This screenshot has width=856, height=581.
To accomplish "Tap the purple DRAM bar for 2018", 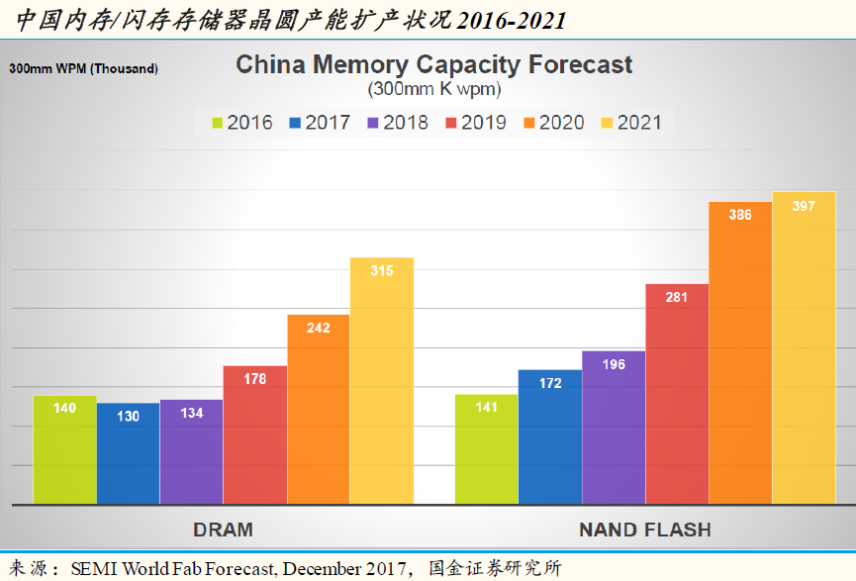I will pos(191,455).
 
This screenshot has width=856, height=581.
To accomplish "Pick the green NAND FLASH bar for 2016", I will pos(487,450).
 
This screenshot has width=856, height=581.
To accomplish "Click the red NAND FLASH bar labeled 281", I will pos(677,396).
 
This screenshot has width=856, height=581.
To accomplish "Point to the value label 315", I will pos(382,270).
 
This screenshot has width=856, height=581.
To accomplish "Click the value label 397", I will pos(804,205).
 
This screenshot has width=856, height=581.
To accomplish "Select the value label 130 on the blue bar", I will pos(128,417).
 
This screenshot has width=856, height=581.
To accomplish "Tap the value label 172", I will pos(550,382).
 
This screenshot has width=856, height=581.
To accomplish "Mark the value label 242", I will pos(319,328).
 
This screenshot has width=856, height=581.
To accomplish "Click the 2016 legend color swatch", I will pos(218,124).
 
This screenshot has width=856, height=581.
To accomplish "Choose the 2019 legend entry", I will pos(476,123).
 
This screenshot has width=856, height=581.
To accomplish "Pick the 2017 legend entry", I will pos(320,123).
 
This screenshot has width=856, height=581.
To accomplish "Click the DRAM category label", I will pos(223,529).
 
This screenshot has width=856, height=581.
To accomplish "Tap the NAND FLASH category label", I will pos(644,529).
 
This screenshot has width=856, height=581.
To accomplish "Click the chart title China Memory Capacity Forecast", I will pos(433,65).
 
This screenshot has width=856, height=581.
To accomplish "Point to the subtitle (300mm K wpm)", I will pos(433,89).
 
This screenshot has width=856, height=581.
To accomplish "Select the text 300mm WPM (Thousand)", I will pos(84,69).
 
